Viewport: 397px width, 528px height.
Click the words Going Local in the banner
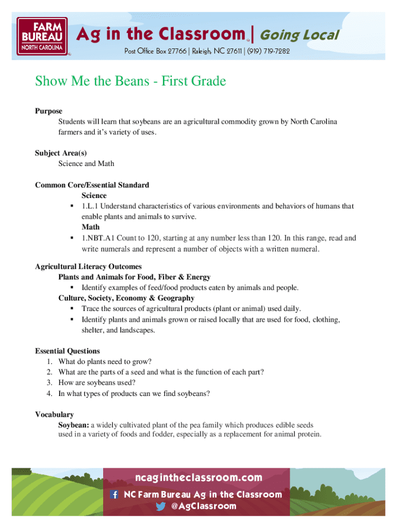tap(299, 35)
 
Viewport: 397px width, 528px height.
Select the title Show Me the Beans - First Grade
tap(130, 81)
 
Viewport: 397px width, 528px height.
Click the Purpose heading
tap(48, 111)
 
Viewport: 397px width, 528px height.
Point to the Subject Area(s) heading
tap(61, 153)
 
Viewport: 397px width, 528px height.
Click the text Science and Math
tap(86, 163)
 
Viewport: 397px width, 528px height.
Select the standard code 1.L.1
tap(91, 206)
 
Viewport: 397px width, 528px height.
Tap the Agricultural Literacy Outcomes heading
tap(88, 267)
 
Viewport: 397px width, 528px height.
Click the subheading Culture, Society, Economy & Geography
tap(126, 298)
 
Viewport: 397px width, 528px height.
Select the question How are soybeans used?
tap(97, 383)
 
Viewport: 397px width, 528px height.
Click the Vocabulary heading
tap(54, 415)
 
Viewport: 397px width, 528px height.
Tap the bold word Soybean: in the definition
tap(74, 425)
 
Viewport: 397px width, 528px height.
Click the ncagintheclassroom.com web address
tap(198, 478)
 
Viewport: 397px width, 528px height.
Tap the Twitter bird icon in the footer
tap(161, 506)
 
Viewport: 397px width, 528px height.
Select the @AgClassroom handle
tap(203, 506)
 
